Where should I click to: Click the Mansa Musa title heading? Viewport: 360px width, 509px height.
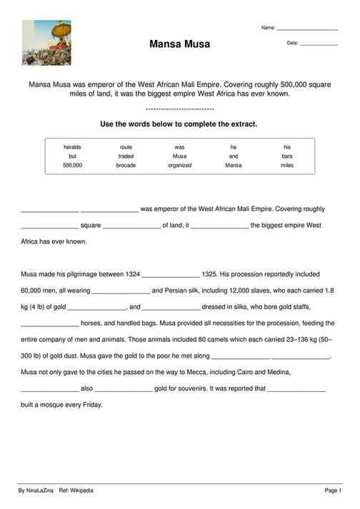pyautogui.click(x=180, y=44)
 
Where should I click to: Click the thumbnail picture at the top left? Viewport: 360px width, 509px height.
pyautogui.click(x=41, y=42)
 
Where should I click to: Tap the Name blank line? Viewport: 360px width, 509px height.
pyautogui.click(x=307, y=29)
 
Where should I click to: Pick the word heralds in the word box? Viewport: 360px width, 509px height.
pyautogui.click(x=72, y=147)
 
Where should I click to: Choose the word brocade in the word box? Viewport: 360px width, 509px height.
pyautogui.click(x=126, y=165)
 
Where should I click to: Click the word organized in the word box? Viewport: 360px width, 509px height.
pyautogui.click(x=180, y=165)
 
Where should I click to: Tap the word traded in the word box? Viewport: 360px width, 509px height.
pyautogui.click(x=126, y=156)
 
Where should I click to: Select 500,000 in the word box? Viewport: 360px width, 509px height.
pyautogui.click(x=72, y=165)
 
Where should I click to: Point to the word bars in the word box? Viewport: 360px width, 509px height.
pyautogui.click(x=287, y=156)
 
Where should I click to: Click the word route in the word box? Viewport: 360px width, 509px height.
pyautogui.click(x=126, y=147)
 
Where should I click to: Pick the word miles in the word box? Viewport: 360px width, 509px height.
pyautogui.click(x=287, y=165)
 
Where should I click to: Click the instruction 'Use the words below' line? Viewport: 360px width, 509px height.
pyautogui.click(x=179, y=124)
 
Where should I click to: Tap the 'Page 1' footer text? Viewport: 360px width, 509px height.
pyautogui.click(x=334, y=491)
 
